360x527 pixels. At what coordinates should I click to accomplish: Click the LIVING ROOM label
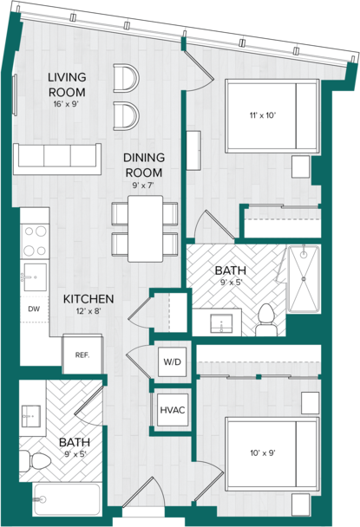tap(67, 84)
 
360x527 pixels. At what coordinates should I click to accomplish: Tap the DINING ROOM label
tap(144, 165)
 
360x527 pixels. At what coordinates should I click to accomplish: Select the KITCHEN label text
tap(88, 299)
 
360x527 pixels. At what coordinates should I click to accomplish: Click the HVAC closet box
tap(173, 410)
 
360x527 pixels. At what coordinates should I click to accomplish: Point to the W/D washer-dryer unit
tap(173, 362)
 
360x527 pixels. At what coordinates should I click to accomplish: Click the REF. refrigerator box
tap(82, 354)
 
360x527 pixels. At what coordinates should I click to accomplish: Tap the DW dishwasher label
tap(34, 309)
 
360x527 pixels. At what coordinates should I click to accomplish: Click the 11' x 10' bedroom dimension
tap(263, 115)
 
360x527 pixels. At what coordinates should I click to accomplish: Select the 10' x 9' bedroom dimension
tap(263, 453)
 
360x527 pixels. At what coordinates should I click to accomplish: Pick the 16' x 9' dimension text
tap(66, 104)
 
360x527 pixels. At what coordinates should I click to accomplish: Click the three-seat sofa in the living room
tap(57, 159)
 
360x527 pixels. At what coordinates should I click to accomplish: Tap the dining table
tap(146, 229)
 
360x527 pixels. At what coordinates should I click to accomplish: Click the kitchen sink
tap(35, 277)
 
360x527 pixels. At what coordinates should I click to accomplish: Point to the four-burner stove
tap(35, 241)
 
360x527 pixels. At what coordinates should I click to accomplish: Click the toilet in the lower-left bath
tap(35, 461)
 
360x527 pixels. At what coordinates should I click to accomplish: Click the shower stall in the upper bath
tap(304, 279)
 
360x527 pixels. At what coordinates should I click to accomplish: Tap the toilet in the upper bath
tap(266, 320)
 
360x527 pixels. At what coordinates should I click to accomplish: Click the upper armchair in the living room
tap(126, 78)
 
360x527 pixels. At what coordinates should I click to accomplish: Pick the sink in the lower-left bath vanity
tap(31, 416)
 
